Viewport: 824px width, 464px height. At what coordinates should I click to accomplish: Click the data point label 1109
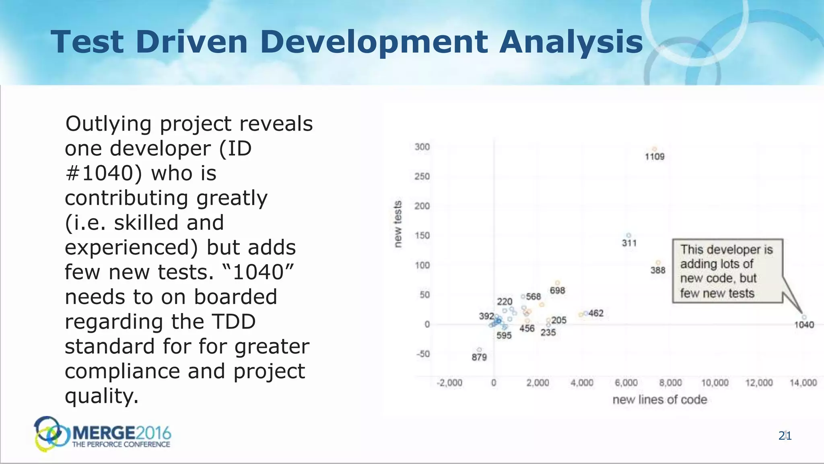pyautogui.click(x=655, y=157)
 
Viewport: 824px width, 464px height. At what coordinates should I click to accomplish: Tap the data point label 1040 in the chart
pyautogui.click(x=804, y=325)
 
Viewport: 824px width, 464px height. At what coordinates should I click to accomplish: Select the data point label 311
pyautogui.click(x=629, y=243)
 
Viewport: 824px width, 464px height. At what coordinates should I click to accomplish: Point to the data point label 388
pyautogui.click(x=658, y=270)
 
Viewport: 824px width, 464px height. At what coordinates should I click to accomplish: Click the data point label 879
pyautogui.click(x=479, y=357)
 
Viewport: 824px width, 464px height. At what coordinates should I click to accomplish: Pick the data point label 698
pyautogui.click(x=557, y=291)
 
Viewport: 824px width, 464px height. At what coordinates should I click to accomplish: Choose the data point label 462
pyautogui.click(x=596, y=313)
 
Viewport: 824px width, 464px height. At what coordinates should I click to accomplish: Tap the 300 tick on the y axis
pyautogui.click(x=422, y=147)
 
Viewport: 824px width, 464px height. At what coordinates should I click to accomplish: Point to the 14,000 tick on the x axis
pyautogui.click(x=803, y=383)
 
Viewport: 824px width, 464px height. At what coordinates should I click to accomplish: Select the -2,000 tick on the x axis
pyautogui.click(x=449, y=383)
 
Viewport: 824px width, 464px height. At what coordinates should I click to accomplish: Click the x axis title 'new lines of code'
pyautogui.click(x=659, y=400)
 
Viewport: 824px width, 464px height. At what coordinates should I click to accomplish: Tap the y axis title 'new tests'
pyautogui.click(x=398, y=224)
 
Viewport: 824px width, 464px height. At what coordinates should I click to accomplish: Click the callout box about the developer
pyautogui.click(x=727, y=271)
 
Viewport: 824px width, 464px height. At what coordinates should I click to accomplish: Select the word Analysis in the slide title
pyautogui.click(x=571, y=42)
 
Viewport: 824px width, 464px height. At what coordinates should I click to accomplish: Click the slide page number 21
pyautogui.click(x=785, y=436)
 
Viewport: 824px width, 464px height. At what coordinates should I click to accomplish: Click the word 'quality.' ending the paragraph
pyautogui.click(x=102, y=396)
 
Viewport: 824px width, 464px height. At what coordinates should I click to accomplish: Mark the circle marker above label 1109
pyautogui.click(x=655, y=149)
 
